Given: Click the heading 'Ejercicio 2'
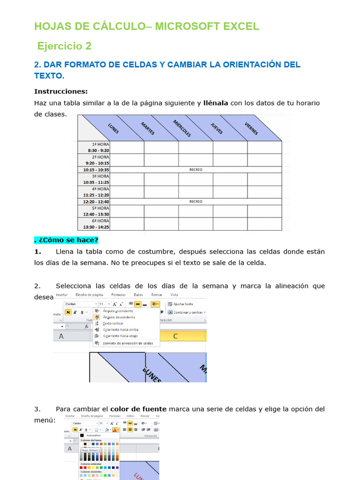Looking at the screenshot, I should pyautogui.click(x=64, y=46).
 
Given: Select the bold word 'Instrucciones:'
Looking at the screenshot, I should pyautogui.click(x=61, y=91).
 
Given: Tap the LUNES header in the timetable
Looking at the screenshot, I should pyautogui.click(x=113, y=128).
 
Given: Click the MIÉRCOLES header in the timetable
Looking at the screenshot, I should pyautogui.click(x=182, y=128).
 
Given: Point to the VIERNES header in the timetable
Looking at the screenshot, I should pyautogui.click(x=251, y=128).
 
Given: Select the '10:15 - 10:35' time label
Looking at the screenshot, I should pyautogui.click(x=96, y=170).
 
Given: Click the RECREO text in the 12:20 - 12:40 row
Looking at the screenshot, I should pyautogui.click(x=196, y=202).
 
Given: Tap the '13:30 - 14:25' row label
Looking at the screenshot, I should pyautogui.click(x=96, y=227).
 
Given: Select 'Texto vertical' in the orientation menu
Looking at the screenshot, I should pyautogui.click(x=113, y=323).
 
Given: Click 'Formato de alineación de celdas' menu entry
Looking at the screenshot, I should pyautogui.click(x=128, y=343).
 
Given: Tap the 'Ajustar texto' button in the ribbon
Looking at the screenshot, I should pyautogui.click(x=183, y=304).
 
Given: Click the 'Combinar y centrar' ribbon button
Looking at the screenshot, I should pyautogui.click(x=187, y=312).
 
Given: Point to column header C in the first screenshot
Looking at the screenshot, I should pyautogui.click(x=176, y=336).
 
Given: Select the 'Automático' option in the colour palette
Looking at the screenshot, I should pyautogui.click(x=93, y=435).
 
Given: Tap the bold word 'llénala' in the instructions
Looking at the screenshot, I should pyautogui.click(x=216, y=103).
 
